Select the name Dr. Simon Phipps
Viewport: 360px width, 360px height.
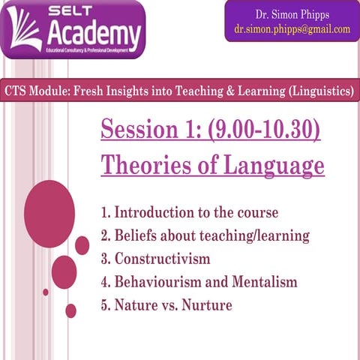click(x=288, y=15)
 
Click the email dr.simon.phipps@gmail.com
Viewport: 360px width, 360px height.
click(x=288, y=29)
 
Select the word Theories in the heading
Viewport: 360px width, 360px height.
click(x=139, y=163)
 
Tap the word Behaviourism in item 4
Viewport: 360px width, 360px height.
click(x=158, y=282)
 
